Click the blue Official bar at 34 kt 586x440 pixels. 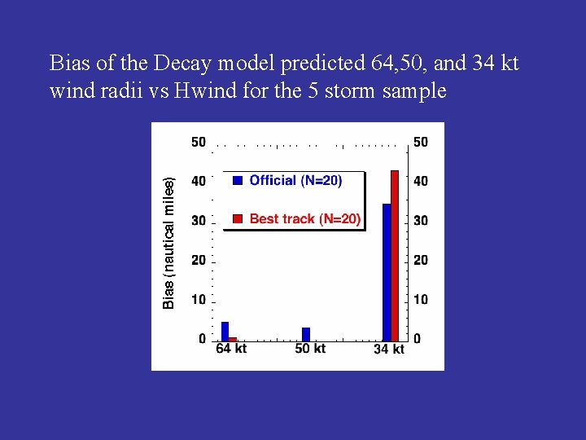coord(387,271)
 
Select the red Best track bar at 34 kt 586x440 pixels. coord(396,255)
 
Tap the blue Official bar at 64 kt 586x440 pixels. coord(225,331)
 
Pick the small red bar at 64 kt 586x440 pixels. coord(233,338)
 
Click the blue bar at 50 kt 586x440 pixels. coord(306,334)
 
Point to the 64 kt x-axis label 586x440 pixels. coord(231,349)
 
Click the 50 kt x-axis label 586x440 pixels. coord(310,349)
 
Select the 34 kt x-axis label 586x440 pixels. coord(389,350)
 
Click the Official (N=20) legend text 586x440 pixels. coord(295,181)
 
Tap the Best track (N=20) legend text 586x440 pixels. coord(304,218)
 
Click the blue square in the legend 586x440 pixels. coord(238,181)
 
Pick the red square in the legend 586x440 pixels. coord(238,218)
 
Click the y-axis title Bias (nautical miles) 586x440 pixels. coord(169,244)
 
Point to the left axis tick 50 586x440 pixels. coord(199,143)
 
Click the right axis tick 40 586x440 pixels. coord(420,182)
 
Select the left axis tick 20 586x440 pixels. coord(199,260)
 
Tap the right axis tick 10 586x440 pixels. coord(420,300)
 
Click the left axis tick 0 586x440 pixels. coord(202,338)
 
